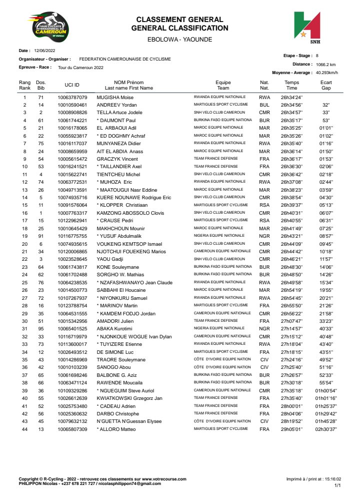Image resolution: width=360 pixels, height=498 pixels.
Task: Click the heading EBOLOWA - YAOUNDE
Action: [179, 39]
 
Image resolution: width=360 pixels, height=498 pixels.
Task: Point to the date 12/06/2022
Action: [44, 51]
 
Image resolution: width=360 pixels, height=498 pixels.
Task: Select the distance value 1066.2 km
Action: [326, 65]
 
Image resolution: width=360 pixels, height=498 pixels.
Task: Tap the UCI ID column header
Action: [72, 85]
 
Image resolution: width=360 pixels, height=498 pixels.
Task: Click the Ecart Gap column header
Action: [326, 85]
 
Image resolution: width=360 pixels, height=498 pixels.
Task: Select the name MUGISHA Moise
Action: [115, 97]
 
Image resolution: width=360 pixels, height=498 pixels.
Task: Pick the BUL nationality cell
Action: [264, 105]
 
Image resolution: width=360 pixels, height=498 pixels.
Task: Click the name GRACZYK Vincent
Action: [116, 159]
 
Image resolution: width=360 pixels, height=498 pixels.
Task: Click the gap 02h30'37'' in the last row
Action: [326, 429]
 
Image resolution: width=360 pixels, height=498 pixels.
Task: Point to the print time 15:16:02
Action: [331, 479]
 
